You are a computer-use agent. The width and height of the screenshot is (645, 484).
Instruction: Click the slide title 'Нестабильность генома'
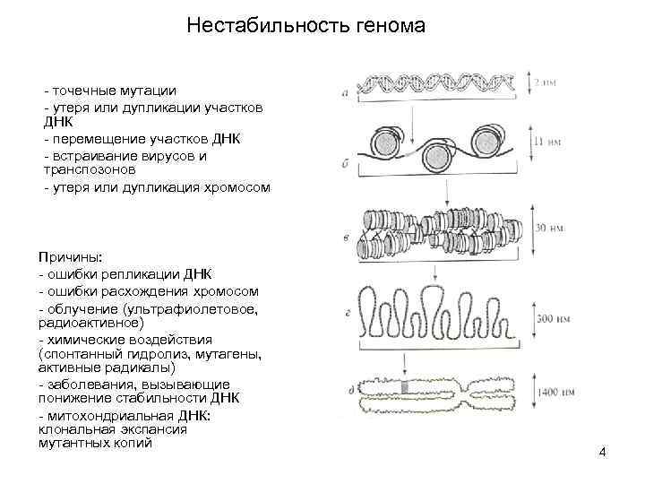[x=305, y=27]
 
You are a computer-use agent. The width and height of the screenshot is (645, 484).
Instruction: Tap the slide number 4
[x=602, y=452]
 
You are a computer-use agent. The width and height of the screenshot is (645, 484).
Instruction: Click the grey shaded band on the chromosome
[x=408, y=387]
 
